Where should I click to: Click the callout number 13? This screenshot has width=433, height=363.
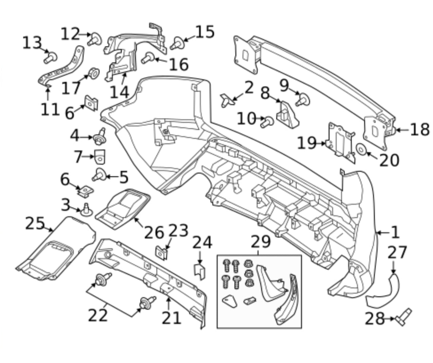32,43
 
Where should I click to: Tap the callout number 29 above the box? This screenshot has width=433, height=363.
260,242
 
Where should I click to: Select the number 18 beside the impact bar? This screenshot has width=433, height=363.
420,130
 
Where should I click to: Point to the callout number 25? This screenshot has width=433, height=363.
35,224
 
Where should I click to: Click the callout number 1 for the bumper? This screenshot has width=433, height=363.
395,232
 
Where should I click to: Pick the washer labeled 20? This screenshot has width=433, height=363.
361,149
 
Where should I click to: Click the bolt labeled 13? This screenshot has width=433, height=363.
50,57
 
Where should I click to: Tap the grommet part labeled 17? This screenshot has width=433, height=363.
93,73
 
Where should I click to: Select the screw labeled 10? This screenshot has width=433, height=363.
268,121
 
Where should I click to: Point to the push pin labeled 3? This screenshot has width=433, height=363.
86,209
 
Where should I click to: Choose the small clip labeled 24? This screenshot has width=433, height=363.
200,271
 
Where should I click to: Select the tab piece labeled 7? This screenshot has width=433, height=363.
100,156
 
